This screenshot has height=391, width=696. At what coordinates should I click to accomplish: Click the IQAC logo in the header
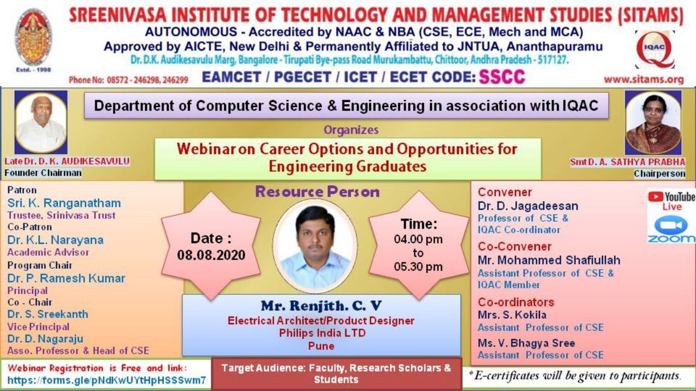pyautogui.click(x=655, y=49)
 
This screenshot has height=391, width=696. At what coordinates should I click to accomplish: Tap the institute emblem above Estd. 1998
pyautogui.click(x=33, y=37)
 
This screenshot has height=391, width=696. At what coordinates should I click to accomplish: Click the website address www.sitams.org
pyautogui.click(x=643, y=79)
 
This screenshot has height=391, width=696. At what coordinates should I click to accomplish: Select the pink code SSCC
pyautogui.click(x=501, y=77)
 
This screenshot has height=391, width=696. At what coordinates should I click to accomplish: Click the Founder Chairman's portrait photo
pyautogui.click(x=41, y=123)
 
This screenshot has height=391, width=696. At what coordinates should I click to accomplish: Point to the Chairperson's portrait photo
pyautogui.click(x=652, y=123)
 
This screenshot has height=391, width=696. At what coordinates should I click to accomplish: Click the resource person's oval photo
pyautogui.click(x=315, y=246)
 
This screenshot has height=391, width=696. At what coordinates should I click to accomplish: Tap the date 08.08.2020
pyautogui.click(x=211, y=255)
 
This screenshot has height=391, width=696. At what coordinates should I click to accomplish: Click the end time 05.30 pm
pyautogui.click(x=418, y=267)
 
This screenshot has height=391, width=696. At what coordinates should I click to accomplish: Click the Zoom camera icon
pyautogui.click(x=671, y=225)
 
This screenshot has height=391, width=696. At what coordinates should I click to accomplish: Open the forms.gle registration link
pyautogui.click(x=107, y=380)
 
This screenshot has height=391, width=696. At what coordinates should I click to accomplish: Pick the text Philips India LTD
pyautogui.click(x=322, y=333)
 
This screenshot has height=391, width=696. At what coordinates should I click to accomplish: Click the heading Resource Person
pyautogui.click(x=317, y=192)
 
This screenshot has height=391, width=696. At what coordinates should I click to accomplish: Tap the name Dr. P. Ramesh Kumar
pyautogui.click(x=66, y=278)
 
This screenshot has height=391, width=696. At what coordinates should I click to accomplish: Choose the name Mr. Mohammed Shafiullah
pyautogui.click(x=549, y=260)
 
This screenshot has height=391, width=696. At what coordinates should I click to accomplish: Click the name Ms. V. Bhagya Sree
pyautogui.click(x=526, y=343)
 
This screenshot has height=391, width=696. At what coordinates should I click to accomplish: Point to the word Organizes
pyautogui.click(x=351, y=130)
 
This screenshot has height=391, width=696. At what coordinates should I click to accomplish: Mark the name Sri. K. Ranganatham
pyautogui.click(x=64, y=203)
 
